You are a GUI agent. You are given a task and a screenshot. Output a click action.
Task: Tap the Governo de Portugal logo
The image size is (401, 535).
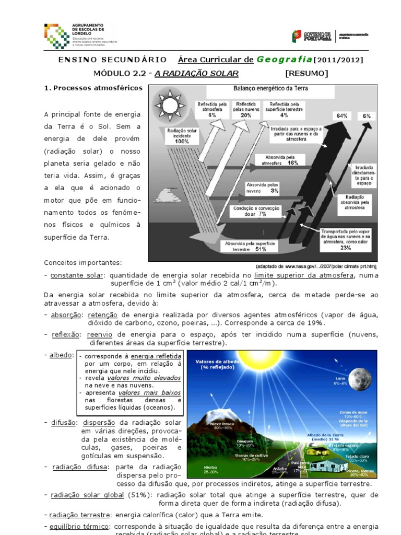[312, 37]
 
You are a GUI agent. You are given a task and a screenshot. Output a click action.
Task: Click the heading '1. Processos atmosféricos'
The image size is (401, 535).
[93, 88]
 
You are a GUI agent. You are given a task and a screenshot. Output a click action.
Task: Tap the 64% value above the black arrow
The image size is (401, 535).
[343, 115]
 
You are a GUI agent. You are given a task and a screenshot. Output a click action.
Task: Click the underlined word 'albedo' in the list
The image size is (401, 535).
[62, 355]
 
